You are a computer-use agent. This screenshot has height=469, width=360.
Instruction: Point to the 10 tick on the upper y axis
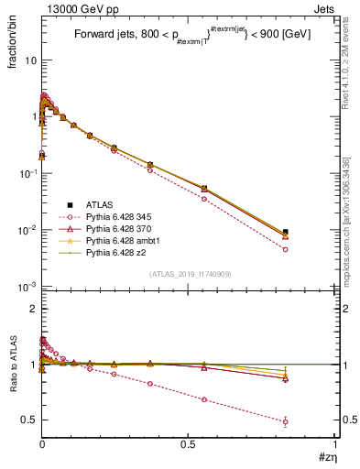click(x=30, y=60)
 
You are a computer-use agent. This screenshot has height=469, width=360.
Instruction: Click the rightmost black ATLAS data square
click(x=286, y=232)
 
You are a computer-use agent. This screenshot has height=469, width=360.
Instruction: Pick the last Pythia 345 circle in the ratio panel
click(x=286, y=422)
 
